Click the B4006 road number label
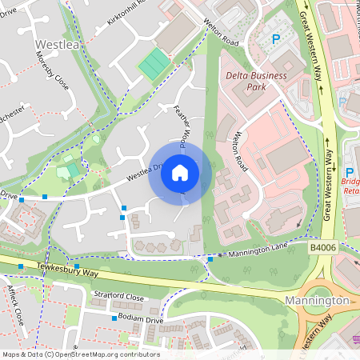(323, 249)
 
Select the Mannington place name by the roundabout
(317, 301)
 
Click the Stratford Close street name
(117, 298)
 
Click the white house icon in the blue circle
(180, 172)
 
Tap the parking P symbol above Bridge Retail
(349, 172)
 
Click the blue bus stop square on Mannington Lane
(210, 258)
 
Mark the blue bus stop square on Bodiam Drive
(113, 318)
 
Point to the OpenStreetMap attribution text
(80, 354)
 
